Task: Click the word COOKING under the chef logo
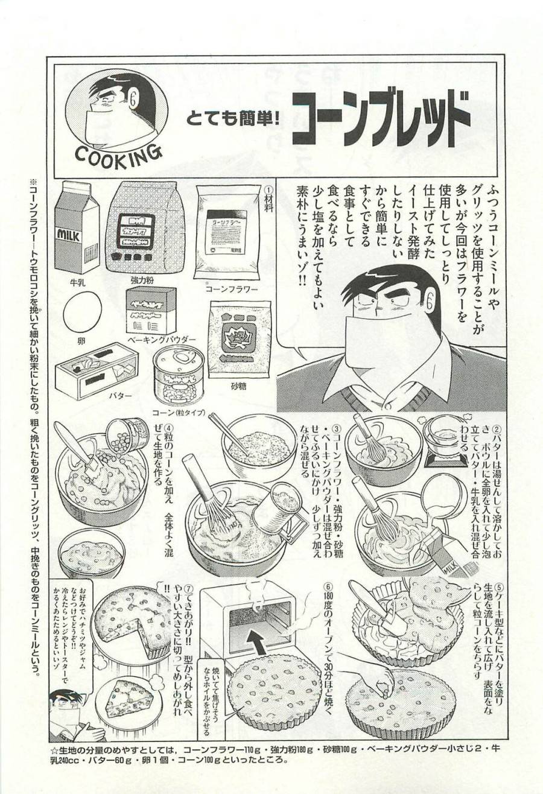click(119, 154)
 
